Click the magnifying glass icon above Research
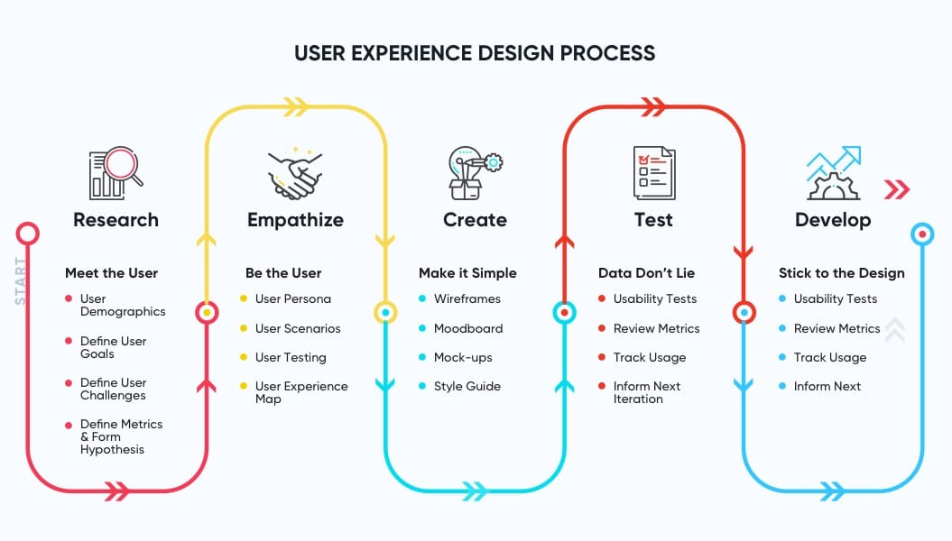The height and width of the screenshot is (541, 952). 116,173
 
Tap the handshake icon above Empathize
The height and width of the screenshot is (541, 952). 295,173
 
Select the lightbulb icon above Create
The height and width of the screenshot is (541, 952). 475,173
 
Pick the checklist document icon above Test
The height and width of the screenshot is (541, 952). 654,173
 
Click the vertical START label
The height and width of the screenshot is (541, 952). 21,280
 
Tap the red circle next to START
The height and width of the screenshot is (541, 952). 28,234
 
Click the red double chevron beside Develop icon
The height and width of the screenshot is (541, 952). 897,189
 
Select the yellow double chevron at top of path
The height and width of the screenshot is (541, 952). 296,106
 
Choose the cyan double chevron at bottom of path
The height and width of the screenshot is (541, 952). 474,491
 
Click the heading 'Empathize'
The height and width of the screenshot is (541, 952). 295,219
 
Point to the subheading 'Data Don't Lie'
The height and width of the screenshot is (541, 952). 646,273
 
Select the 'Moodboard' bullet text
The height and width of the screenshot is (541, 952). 468,328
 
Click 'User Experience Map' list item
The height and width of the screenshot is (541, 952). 301,392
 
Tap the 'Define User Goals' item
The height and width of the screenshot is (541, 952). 113,347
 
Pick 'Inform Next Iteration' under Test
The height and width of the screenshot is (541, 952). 647,392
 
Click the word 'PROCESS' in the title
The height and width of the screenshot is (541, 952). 607,53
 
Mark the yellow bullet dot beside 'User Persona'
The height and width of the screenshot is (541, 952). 244,298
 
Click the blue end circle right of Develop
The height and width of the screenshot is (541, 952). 922,234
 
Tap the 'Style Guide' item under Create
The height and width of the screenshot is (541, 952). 467,386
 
